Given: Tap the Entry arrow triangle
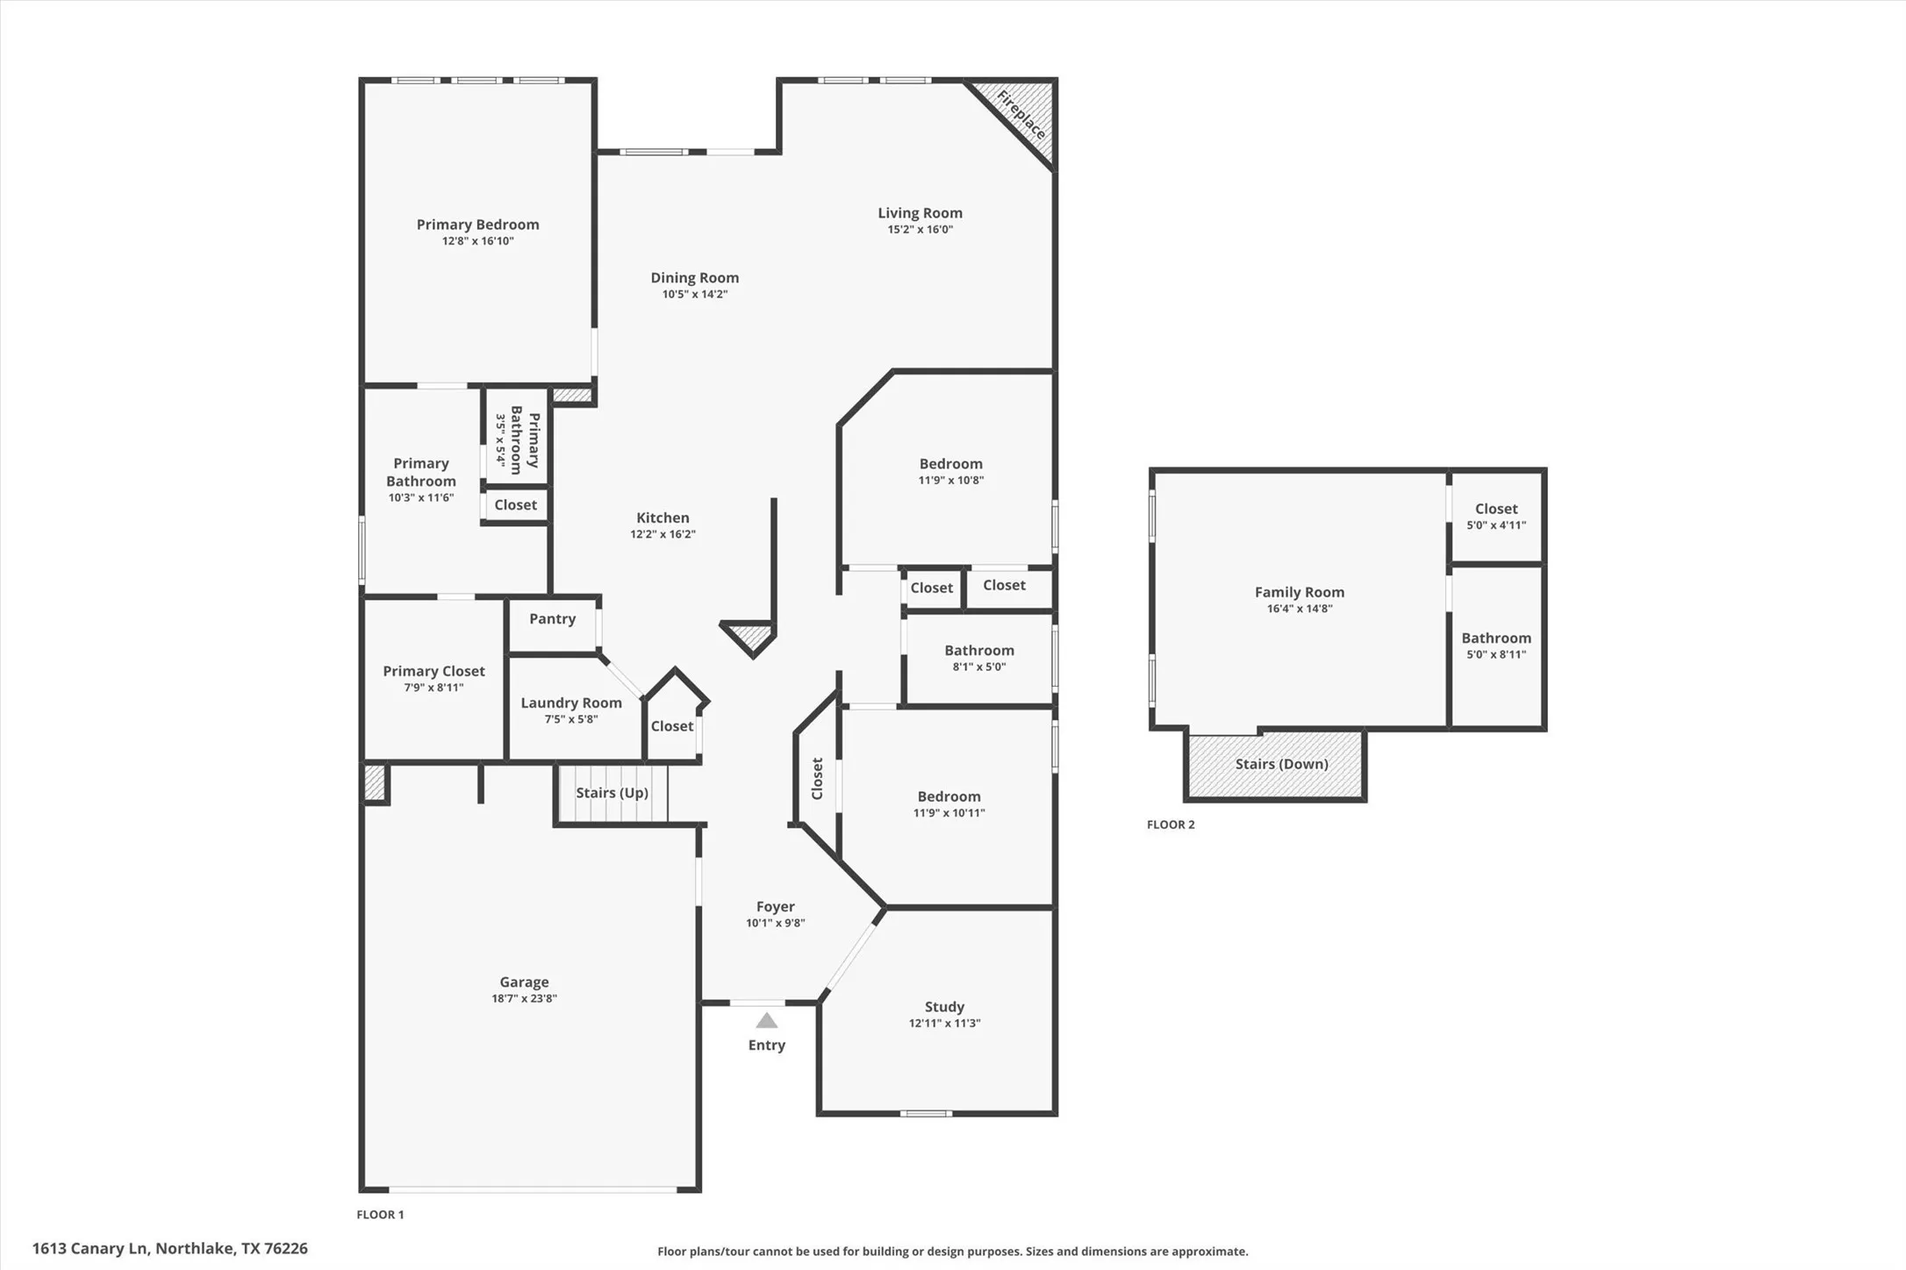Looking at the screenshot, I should click(767, 1020).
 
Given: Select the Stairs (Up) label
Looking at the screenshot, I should click(612, 793).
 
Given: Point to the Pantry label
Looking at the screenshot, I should click(552, 619).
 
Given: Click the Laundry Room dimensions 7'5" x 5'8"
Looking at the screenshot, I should click(571, 719).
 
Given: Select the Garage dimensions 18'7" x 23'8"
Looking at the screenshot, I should click(524, 998).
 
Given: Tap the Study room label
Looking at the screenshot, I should click(944, 1007).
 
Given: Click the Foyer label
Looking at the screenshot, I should click(775, 907).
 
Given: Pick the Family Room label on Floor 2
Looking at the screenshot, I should click(1299, 593).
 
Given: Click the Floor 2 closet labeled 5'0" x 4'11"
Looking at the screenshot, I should click(1496, 516).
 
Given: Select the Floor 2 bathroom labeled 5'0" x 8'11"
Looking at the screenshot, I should click(1496, 646).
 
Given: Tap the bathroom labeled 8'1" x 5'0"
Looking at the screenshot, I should click(979, 658).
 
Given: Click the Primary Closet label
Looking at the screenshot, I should click(434, 672).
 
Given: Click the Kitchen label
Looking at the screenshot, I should click(663, 518).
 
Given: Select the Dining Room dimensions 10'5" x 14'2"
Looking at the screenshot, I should click(694, 295).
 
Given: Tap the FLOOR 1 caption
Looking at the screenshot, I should click(380, 1215).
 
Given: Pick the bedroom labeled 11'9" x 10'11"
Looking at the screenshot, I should click(949, 803).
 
